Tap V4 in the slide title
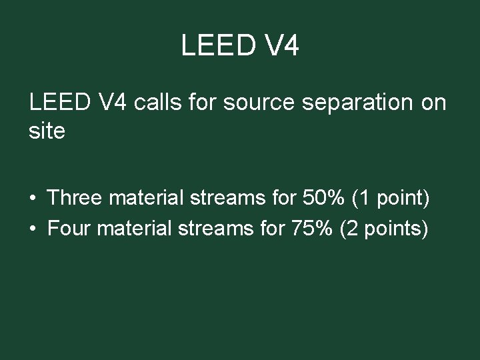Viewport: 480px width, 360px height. pyautogui.click(x=280, y=46)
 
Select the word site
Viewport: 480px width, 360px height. pyautogui.click(x=47, y=131)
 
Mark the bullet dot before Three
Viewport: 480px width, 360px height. pyautogui.click(x=33, y=198)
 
